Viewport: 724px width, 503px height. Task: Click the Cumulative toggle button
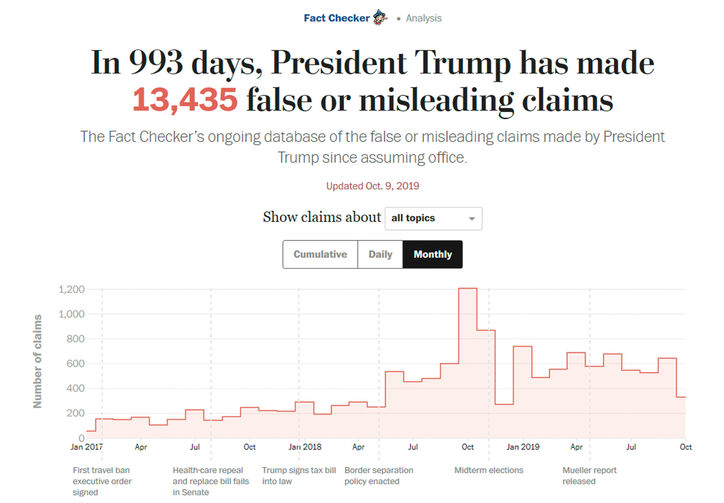(320, 255)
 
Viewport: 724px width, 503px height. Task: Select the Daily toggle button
(380, 255)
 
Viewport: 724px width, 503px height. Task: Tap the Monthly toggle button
(432, 255)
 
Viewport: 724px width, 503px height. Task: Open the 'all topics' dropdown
(433, 219)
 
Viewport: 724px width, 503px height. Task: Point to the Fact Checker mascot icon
(380, 18)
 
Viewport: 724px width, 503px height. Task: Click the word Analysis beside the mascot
(424, 18)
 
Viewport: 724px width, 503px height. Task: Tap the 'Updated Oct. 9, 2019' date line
(372, 186)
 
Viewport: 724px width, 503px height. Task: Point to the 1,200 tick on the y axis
(72, 289)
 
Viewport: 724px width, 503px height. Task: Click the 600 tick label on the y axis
(75, 363)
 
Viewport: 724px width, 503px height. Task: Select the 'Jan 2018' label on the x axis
(305, 447)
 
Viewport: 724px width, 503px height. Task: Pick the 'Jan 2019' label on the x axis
(523, 447)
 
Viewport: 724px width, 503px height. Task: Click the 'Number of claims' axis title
(38, 361)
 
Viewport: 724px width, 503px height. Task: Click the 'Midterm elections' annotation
(488, 470)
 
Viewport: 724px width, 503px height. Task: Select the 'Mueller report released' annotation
(589, 476)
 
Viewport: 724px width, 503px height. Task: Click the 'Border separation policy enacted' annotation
(378, 476)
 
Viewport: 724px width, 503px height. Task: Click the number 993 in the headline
(156, 63)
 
